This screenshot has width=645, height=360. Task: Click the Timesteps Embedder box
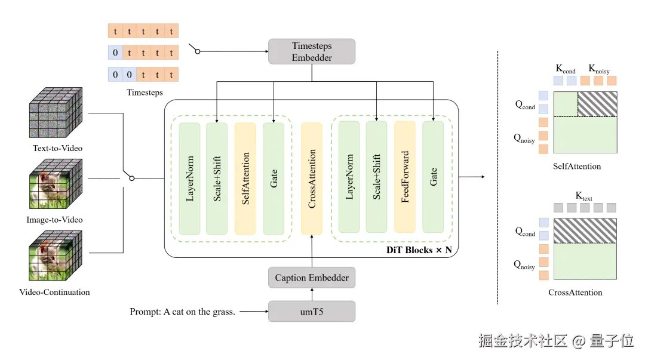coord(312,51)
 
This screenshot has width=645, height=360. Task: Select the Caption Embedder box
coord(312,278)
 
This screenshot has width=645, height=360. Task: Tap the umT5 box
coord(312,312)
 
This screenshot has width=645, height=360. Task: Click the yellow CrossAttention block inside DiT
coord(312,178)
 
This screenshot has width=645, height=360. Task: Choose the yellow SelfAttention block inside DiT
coord(245,178)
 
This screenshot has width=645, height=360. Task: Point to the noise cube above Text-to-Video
coord(56,114)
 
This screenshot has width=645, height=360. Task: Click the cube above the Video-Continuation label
coord(56,258)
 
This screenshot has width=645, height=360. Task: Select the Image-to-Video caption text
coord(54,220)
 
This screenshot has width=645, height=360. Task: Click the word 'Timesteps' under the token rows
coord(145,93)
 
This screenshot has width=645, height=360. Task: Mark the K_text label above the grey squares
coord(583,196)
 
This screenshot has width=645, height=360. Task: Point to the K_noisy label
coord(599,69)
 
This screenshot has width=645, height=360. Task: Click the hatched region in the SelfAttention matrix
coord(597,104)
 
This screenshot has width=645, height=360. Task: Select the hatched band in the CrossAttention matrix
coord(585,231)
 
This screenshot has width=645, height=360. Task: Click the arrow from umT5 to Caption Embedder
coord(312,294)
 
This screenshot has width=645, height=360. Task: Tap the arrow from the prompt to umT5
coord(255,312)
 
